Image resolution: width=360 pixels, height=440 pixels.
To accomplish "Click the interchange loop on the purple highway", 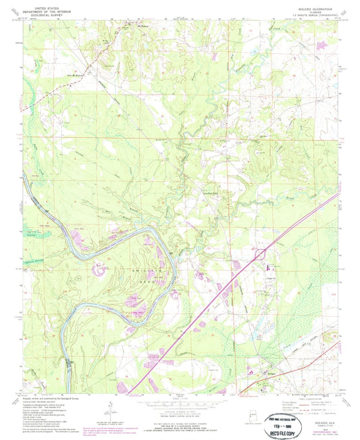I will click(259, 255).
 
